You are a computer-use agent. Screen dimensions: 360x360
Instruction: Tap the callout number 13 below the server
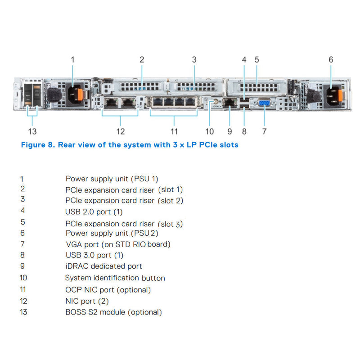tap(32, 131)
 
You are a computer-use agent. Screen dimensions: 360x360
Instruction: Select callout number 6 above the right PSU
tap(331, 59)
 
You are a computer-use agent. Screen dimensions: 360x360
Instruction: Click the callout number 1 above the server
tap(72, 59)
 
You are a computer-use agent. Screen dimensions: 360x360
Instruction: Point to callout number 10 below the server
tap(210, 131)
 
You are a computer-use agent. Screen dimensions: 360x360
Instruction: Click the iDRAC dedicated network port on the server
tap(230, 103)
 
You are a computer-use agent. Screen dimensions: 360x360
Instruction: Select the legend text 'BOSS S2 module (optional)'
tap(113, 312)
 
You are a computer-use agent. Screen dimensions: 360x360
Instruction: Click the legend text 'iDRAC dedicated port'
tap(103, 266)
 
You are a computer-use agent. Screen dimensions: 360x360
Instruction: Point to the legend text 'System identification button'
tap(115, 278)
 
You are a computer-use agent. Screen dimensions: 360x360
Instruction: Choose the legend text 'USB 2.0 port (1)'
tap(94, 211)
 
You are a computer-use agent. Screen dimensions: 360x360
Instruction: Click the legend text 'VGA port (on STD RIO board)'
tap(118, 244)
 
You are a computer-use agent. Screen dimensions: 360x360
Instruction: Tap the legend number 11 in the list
tap(23, 289)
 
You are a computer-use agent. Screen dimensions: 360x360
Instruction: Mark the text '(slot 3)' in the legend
tap(171, 224)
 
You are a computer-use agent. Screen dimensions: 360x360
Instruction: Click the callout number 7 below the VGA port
tap(264, 131)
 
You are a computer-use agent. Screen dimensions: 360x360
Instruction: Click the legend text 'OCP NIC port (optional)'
tap(108, 290)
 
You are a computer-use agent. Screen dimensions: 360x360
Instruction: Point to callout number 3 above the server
tap(194, 59)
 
